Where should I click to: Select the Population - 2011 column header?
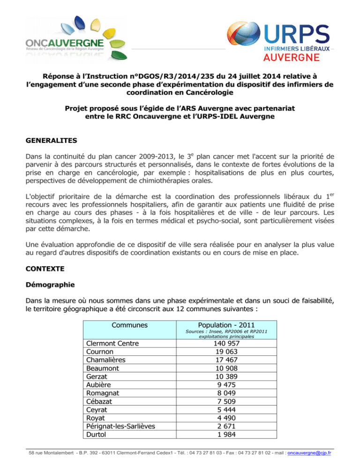230,325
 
